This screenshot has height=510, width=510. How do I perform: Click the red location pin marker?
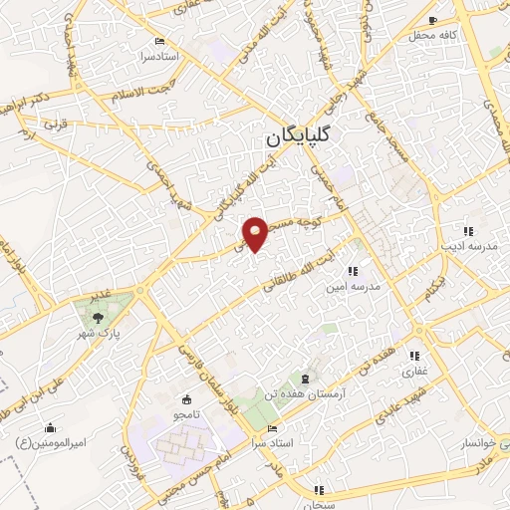(257, 233)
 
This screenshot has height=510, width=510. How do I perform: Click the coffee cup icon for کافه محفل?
(432, 20)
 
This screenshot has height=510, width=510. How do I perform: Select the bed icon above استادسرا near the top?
(161, 41)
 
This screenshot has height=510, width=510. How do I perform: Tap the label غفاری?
(413, 372)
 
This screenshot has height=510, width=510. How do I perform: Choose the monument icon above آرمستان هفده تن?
(305, 380)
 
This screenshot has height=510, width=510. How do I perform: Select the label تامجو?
(189, 413)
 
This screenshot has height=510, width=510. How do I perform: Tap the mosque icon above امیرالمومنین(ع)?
(49, 427)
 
